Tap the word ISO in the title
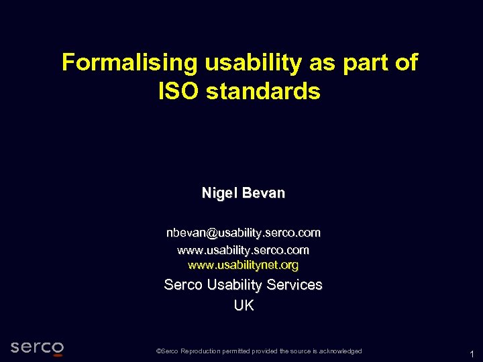point(178,91)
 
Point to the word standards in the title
point(264,91)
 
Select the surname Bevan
point(264,193)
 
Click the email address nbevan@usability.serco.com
point(244,233)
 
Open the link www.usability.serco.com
point(244,250)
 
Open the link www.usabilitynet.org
point(244,265)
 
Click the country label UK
point(244,306)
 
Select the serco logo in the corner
point(38,347)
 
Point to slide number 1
point(472,354)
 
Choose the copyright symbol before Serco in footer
point(158,351)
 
